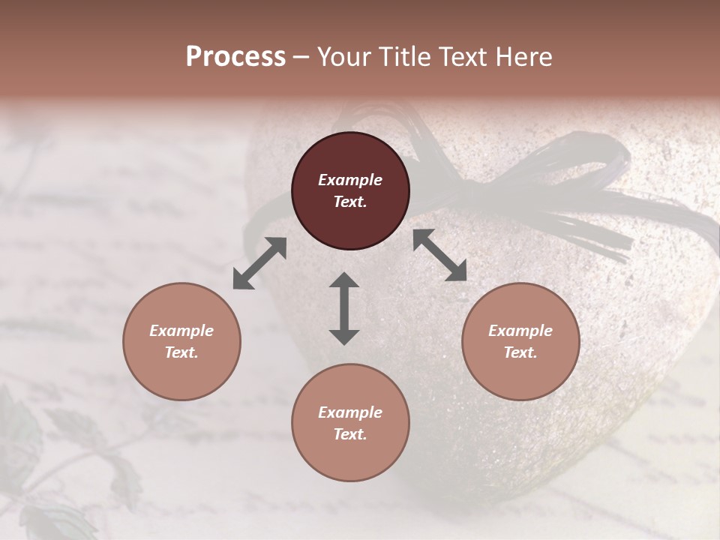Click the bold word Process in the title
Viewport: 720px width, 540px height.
tap(235, 57)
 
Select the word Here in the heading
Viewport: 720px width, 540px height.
tap(524, 57)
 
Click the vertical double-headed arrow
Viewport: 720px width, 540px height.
tap(344, 308)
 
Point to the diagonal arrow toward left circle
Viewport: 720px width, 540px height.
tap(259, 263)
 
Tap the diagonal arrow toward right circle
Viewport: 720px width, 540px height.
tap(439, 255)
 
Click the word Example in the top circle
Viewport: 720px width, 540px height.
tap(350, 180)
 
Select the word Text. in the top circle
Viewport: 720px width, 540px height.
tap(350, 202)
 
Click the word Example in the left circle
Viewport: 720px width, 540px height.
tap(181, 331)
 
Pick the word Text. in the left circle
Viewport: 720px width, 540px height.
tap(181, 352)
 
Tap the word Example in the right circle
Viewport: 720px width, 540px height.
tap(520, 331)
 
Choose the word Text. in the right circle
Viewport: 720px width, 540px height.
tap(520, 352)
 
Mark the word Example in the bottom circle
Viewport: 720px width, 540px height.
tap(350, 412)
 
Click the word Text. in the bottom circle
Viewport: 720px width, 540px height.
tap(350, 434)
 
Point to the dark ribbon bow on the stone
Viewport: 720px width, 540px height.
tap(555, 187)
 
